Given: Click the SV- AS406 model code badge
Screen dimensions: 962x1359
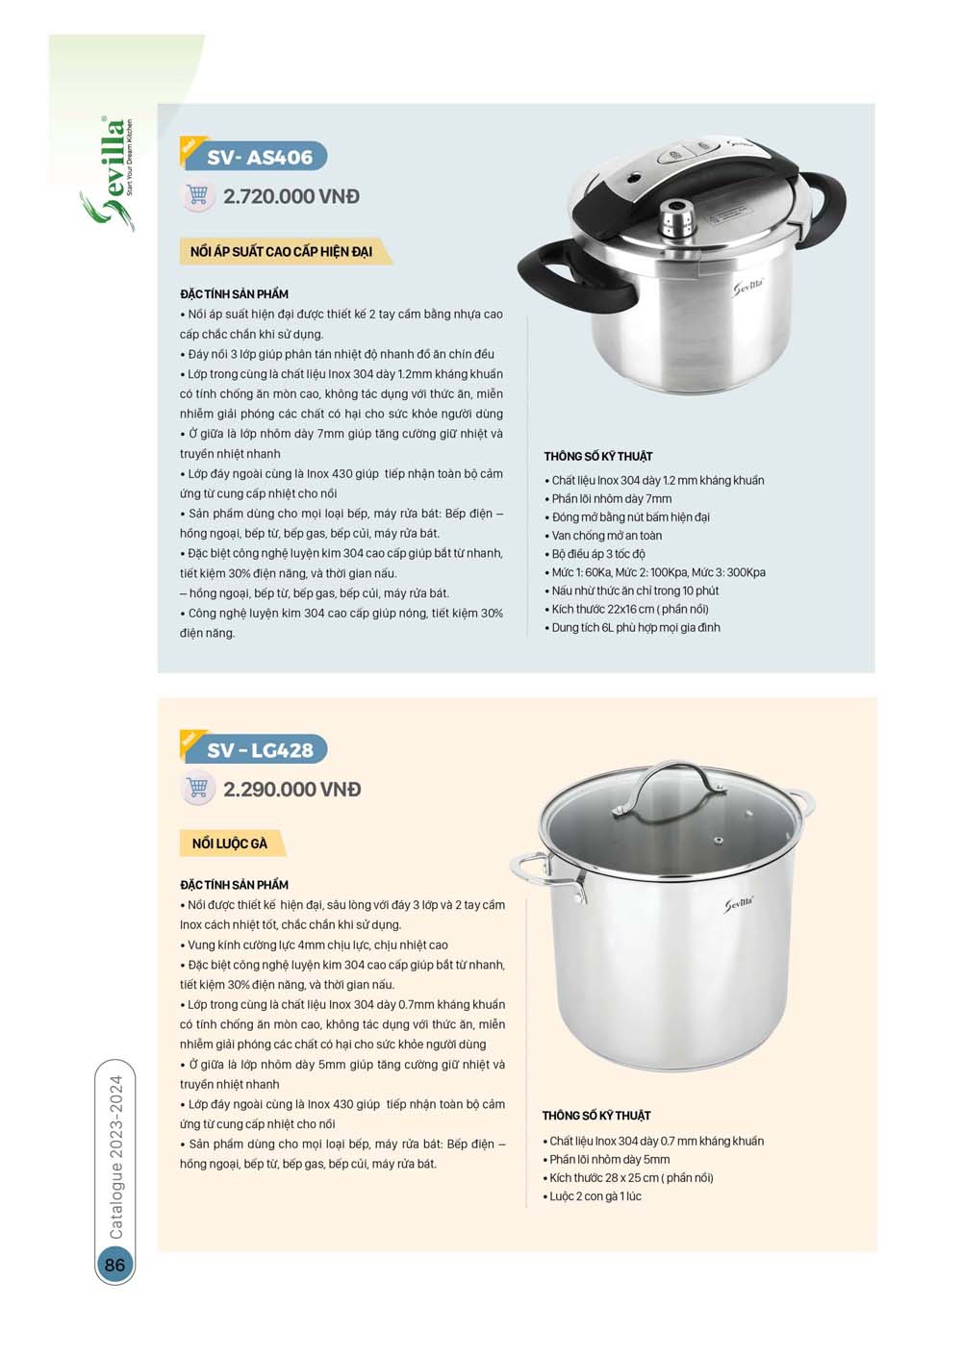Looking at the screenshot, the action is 258,157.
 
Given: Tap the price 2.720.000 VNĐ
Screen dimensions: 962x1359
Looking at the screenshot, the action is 291,196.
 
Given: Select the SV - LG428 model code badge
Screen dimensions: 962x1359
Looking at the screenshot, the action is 259,750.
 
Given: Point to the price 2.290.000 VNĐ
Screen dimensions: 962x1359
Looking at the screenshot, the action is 292,790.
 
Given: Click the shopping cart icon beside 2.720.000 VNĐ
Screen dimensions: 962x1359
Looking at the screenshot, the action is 197,195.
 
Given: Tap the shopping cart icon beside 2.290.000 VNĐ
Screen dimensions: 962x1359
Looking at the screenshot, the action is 197,789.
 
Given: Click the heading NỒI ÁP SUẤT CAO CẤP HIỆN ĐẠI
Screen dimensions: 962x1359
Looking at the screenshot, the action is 281,252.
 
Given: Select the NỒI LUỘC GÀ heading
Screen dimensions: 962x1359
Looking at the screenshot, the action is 229,843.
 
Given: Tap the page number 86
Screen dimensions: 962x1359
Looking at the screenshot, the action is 114,1265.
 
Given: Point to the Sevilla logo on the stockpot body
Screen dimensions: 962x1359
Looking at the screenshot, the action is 739,904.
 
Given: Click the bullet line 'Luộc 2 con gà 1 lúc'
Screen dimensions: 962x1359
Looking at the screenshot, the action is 595,1196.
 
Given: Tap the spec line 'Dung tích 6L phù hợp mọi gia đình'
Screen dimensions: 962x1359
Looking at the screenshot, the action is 635,628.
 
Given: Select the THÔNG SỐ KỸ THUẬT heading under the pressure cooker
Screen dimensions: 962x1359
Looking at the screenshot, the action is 598,457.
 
